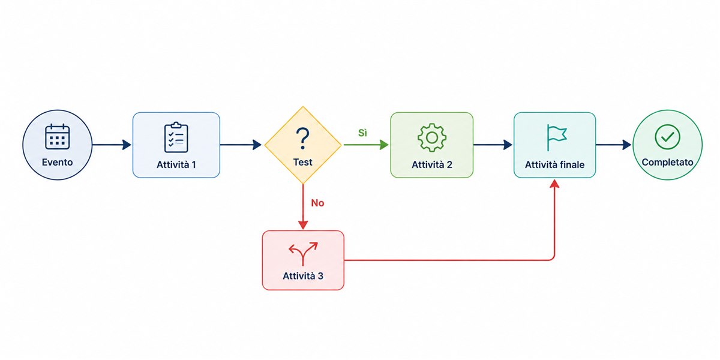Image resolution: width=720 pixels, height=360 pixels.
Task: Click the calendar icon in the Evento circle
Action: click(x=57, y=137)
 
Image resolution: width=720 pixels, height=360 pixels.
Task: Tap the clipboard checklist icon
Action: click(x=176, y=137)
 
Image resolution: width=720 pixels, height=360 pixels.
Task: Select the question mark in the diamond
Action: click(x=302, y=139)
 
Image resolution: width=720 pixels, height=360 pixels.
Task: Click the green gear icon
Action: click(x=431, y=137)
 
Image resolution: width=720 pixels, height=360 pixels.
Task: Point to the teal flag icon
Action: click(x=556, y=137)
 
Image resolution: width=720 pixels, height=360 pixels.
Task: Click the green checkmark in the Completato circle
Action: click(x=667, y=137)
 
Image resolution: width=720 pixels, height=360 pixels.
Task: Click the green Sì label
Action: click(x=362, y=133)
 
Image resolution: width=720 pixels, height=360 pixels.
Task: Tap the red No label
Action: click(x=317, y=203)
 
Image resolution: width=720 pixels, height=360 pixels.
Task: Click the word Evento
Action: click(x=57, y=162)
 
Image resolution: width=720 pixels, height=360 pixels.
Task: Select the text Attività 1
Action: click(x=176, y=164)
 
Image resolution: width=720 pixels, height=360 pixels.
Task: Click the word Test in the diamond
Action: click(x=302, y=162)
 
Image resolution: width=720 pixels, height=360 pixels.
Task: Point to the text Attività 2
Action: click(x=431, y=164)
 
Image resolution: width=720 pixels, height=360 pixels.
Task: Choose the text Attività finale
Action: click(x=554, y=164)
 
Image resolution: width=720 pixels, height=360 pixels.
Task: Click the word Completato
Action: click(x=667, y=162)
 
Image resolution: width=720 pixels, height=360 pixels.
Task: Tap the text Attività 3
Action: click(x=303, y=276)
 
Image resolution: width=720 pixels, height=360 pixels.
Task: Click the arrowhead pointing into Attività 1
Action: click(x=127, y=145)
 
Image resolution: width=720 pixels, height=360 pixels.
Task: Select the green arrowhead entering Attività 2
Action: click(x=384, y=145)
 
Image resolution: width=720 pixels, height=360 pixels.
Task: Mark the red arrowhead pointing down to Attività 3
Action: click(x=303, y=225)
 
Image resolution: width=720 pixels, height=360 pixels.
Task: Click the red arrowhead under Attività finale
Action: click(x=554, y=184)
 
